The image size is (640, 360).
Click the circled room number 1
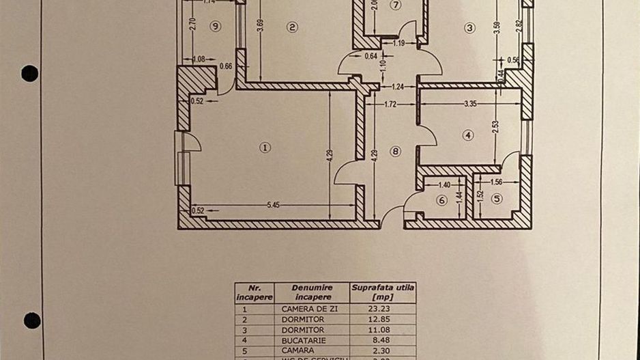[265, 147]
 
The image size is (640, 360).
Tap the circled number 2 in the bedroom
[292, 27]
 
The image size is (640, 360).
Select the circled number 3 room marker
[469, 28]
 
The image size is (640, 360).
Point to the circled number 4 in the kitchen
[467, 135]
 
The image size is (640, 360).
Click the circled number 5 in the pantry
[497, 199]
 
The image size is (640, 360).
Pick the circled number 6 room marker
[441, 200]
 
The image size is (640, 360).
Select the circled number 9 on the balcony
[216, 26]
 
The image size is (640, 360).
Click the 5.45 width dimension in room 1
[274, 204]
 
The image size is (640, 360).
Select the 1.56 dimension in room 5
[496, 182]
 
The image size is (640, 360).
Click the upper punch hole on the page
[29, 73]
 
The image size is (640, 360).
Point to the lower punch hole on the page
[31, 320]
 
